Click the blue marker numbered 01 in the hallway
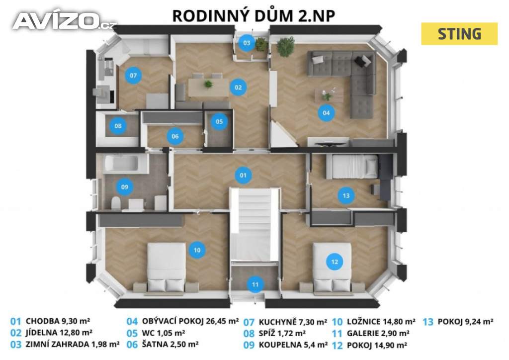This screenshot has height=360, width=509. (243, 176)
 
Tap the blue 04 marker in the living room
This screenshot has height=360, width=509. (326, 113)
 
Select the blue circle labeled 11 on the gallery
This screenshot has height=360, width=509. (255, 284)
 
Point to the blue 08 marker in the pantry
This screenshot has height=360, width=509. (118, 125)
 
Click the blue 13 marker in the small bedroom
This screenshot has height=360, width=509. (346, 195)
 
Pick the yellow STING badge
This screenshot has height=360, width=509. (459, 34)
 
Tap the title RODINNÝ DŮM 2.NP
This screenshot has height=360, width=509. (254, 16)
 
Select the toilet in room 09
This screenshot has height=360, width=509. (116, 203)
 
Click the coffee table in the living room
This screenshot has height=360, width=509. (329, 95)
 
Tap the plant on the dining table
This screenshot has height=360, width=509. (208, 84)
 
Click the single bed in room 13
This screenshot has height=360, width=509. (352, 167)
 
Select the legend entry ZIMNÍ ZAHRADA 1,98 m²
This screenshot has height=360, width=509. (73, 344)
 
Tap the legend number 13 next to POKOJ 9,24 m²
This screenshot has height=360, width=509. (428, 322)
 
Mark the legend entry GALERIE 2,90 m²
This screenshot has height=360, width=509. (378, 333)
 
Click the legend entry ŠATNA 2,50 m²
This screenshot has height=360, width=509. (170, 344)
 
